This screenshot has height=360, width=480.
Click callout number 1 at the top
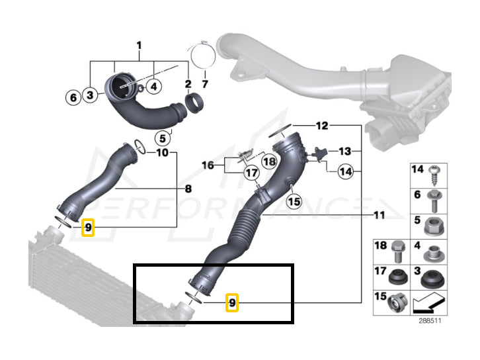[x=139, y=46]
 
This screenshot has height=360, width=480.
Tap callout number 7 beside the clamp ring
[x=204, y=85]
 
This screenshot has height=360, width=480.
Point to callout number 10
[x=162, y=153]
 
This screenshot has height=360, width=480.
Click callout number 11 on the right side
[x=379, y=215]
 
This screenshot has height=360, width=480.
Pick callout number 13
[x=344, y=152]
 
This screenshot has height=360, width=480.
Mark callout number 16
[x=208, y=164]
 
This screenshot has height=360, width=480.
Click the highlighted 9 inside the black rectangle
[x=231, y=303]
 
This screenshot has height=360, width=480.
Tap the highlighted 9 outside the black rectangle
[x=89, y=228]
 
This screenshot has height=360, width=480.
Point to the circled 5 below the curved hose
[x=161, y=138]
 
